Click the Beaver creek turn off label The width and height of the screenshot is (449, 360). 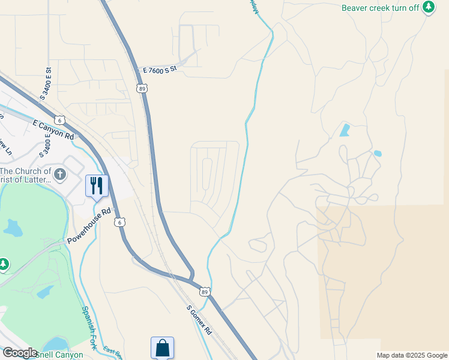pyautogui.click(x=381, y=8)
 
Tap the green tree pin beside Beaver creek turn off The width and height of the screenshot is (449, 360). pyautogui.click(x=428, y=7)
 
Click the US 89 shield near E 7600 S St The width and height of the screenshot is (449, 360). pyautogui.click(x=142, y=88)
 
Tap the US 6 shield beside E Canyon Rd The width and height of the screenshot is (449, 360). pyautogui.click(x=59, y=119)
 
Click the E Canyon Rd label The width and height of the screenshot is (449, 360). pyautogui.click(x=53, y=128)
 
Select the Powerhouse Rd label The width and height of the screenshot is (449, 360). pyautogui.click(x=89, y=226)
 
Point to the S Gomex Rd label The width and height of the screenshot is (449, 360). pyautogui.click(x=199, y=320)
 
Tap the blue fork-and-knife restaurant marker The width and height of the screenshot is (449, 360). pyautogui.click(x=97, y=185)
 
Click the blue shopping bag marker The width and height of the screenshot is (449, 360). pyautogui.click(x=162, y=347)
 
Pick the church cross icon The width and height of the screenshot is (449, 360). pyautogui.click(x=59, y=175)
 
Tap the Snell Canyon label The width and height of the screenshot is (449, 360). pyautogui.click(x=60, y=355)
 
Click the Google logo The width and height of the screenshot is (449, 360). pyautogui.click(x=20, y=353)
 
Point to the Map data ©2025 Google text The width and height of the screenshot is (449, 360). pyautogui.click(x=412, y=355)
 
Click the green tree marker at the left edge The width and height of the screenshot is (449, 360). pyautogui.click(x=3, y=263)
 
